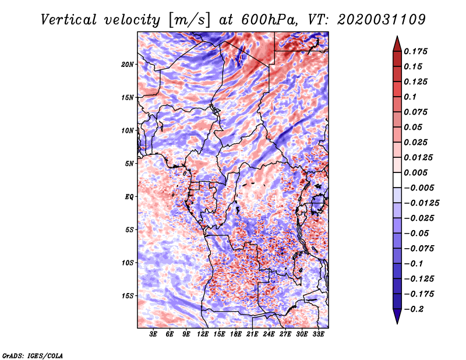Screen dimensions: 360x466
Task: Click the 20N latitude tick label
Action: coord(128,64)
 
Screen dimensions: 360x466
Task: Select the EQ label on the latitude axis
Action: coord(129,197)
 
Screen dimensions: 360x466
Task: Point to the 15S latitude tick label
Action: coord(128,296)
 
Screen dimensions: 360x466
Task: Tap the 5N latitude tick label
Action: coord(129,164)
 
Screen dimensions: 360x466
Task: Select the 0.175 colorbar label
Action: coord(416,51)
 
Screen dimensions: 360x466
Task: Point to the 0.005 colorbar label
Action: coord(416,172)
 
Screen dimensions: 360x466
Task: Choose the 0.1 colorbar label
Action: coord(412,97)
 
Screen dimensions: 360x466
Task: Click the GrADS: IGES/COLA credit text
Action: coord(33,355)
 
